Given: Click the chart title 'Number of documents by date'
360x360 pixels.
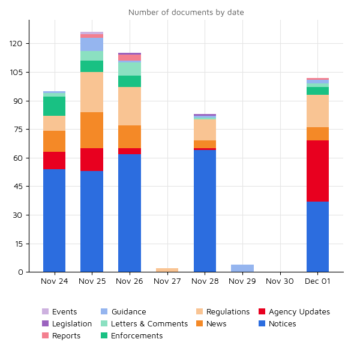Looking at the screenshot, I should tap(186, 13).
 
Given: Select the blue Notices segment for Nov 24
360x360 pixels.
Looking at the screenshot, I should tap(54, 220).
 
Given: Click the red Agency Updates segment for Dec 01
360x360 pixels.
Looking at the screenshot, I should tap(317, 171).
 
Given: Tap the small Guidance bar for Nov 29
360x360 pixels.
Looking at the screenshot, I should tap(242, 268).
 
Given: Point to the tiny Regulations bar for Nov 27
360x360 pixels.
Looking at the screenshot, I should tap(167, 270).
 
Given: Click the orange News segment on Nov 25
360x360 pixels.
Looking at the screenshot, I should tap(92, 130).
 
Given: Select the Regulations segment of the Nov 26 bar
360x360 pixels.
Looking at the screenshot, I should tap(130, 106).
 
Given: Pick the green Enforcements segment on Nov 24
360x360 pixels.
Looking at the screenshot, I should tap(54, 106).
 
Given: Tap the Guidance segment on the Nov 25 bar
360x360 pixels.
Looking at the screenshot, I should tap(92, 44).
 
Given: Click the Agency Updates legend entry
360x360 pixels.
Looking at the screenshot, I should tap(299, 312).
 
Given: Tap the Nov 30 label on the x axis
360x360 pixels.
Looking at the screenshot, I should tap(280, 281).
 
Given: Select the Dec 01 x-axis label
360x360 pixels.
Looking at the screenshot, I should tap(317, 281).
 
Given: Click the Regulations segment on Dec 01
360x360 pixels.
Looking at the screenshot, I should tap(317, 111).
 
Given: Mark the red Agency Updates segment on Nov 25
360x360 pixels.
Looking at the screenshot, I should tap(92, 160).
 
